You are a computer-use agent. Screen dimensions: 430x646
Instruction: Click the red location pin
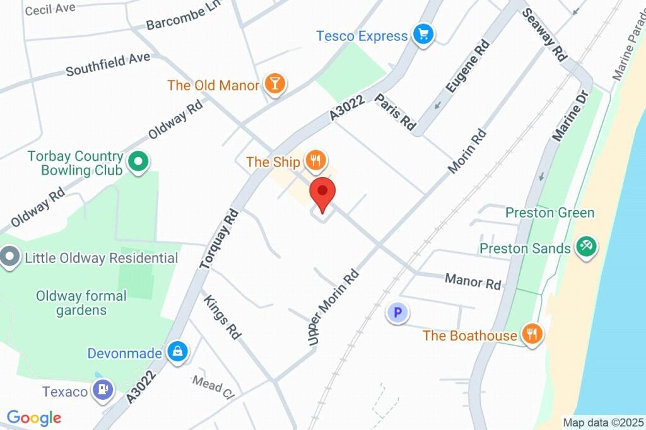coord(322,192)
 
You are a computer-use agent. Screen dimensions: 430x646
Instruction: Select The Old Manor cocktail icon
coord(274,84)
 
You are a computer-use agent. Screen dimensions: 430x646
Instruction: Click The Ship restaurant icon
coord(315,162)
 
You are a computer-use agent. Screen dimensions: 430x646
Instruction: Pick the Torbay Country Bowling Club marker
coord(138,163)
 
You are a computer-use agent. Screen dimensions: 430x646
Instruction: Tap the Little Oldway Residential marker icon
coord(9,258)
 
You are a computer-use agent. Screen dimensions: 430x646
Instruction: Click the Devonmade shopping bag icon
coord(178,353)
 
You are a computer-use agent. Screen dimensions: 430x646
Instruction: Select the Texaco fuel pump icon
coord(102,391)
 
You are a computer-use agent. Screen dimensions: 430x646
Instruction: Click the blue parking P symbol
coord(397,312)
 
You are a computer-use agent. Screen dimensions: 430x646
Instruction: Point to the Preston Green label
coord(549,212)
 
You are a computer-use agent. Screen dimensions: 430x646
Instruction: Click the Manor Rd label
coord(473,281)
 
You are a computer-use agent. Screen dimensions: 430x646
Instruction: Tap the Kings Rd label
coord(223,317)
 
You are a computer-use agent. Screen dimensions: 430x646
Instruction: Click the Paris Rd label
coord(396,113)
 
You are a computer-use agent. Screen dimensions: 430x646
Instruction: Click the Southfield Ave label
coord(108,64)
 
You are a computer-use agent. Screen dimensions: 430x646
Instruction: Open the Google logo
coord(34,417)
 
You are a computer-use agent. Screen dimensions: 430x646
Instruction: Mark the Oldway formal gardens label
coord(81,303)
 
